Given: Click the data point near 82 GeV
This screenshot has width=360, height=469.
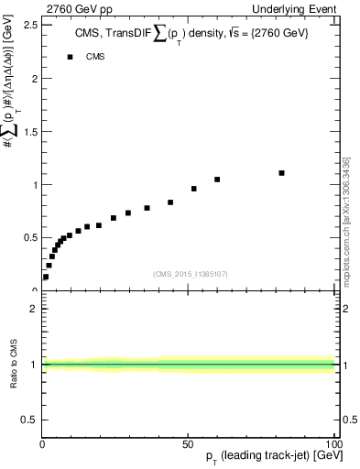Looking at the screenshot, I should [281, 172].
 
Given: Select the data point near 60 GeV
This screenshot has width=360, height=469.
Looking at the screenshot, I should [217, 180].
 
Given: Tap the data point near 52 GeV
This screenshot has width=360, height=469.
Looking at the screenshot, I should [194, 189].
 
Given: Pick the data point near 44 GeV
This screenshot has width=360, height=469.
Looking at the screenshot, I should [170, 202].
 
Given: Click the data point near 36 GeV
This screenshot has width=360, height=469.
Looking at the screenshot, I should [147, 208].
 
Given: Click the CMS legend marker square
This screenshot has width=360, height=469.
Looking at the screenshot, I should [70, 57].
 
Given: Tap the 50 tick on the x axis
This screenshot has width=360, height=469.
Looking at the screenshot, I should [187, 442].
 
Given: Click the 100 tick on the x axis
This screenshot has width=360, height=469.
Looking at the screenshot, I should [333, 442].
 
